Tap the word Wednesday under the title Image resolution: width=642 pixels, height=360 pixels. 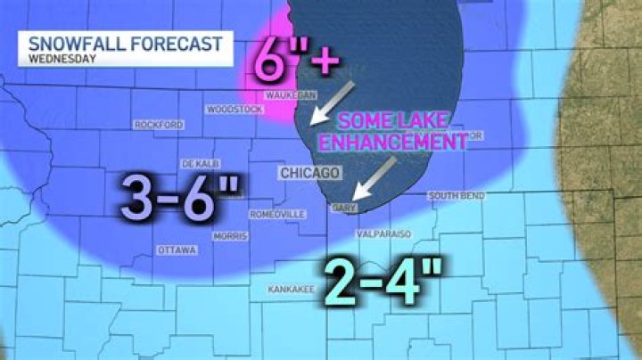[62, 60]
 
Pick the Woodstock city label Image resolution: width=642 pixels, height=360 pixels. [235, 110]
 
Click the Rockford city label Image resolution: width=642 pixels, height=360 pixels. [158, 125]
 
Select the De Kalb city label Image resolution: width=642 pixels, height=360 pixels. [200, 165]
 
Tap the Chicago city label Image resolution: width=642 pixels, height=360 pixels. [309, 172]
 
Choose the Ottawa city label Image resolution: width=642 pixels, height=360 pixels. [176, 250]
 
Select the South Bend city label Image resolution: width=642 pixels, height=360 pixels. [456, 195]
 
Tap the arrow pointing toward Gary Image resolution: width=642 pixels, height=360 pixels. [374, 178]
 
